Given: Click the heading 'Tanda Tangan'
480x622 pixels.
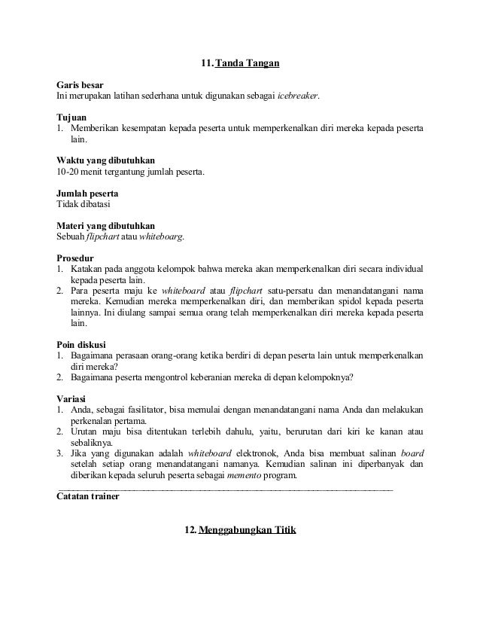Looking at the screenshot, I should pyautogui.click(x=248, y=63).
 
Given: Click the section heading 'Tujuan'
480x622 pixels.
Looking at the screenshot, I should pyautogui.click(x=72, y=118).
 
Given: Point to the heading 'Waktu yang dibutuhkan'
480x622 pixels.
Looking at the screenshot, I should pyautogui.click(x=103, y=161).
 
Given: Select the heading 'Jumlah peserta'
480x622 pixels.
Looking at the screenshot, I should pyautogui.click(x=87, y=194).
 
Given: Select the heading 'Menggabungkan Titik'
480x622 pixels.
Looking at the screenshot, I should pyautogui.click(x=248, y=532).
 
